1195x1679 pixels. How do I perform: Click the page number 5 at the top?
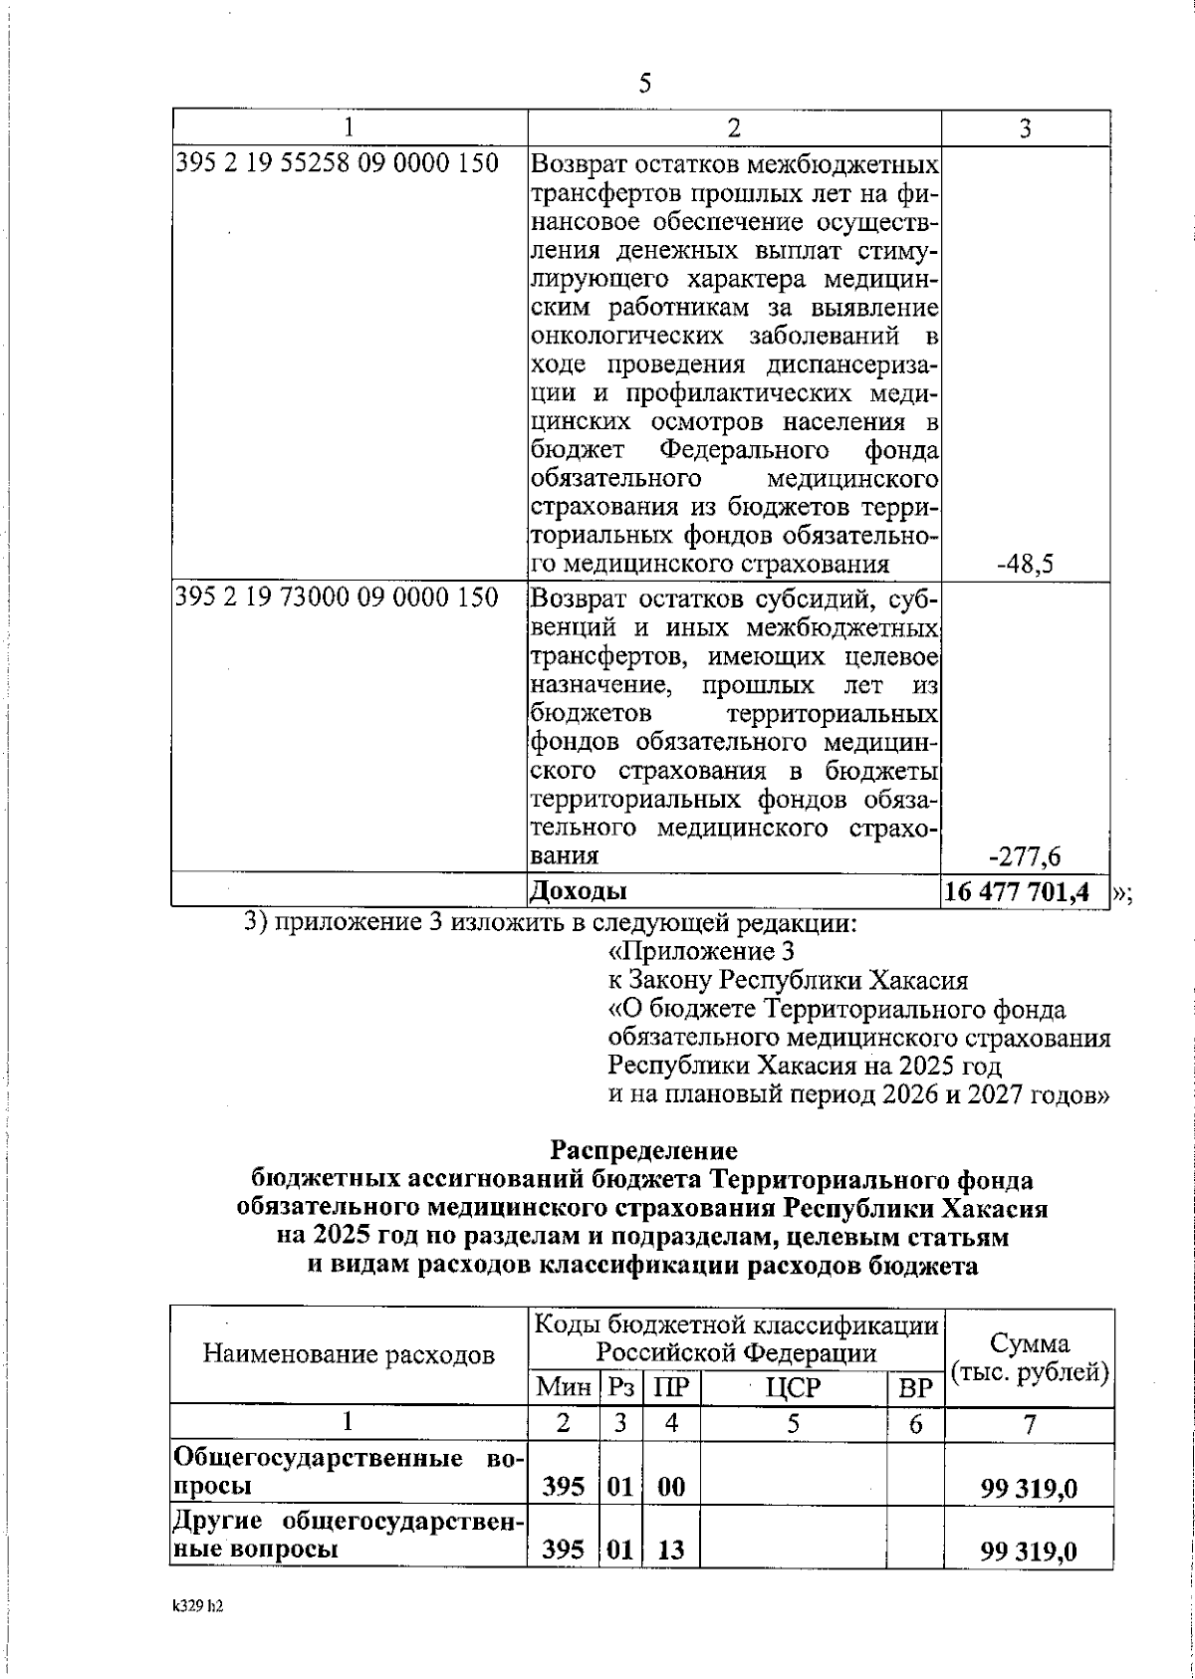pyautogui.click(x=644, y=84)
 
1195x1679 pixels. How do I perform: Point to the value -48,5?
pyautogui.click(x=1025, y=565)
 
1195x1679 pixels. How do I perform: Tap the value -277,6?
pyautogui.click(x=1025, y=855)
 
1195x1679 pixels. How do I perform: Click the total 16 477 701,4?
pyautogui.click(x=1025, y=891)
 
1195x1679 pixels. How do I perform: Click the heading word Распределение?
pyautogui.click(x=644, y=1150)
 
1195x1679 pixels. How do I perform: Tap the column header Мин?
pyautogui.click(x=563, y=1387)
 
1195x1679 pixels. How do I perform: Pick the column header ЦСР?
pyautogui.click(x=793, y=1387)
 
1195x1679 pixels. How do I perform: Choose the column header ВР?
pyautogui.click(x=914, y=1387)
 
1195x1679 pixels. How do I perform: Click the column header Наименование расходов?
pyautogui.click(x=349, y=1354)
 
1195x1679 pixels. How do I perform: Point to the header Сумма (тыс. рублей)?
pyautogui.click(x=1030, y=1357)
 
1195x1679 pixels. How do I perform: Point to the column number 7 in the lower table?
pyautogui.click(x=1030, y=1424)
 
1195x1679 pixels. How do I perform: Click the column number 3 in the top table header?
pyautogui.click(x=1025, y=126)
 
